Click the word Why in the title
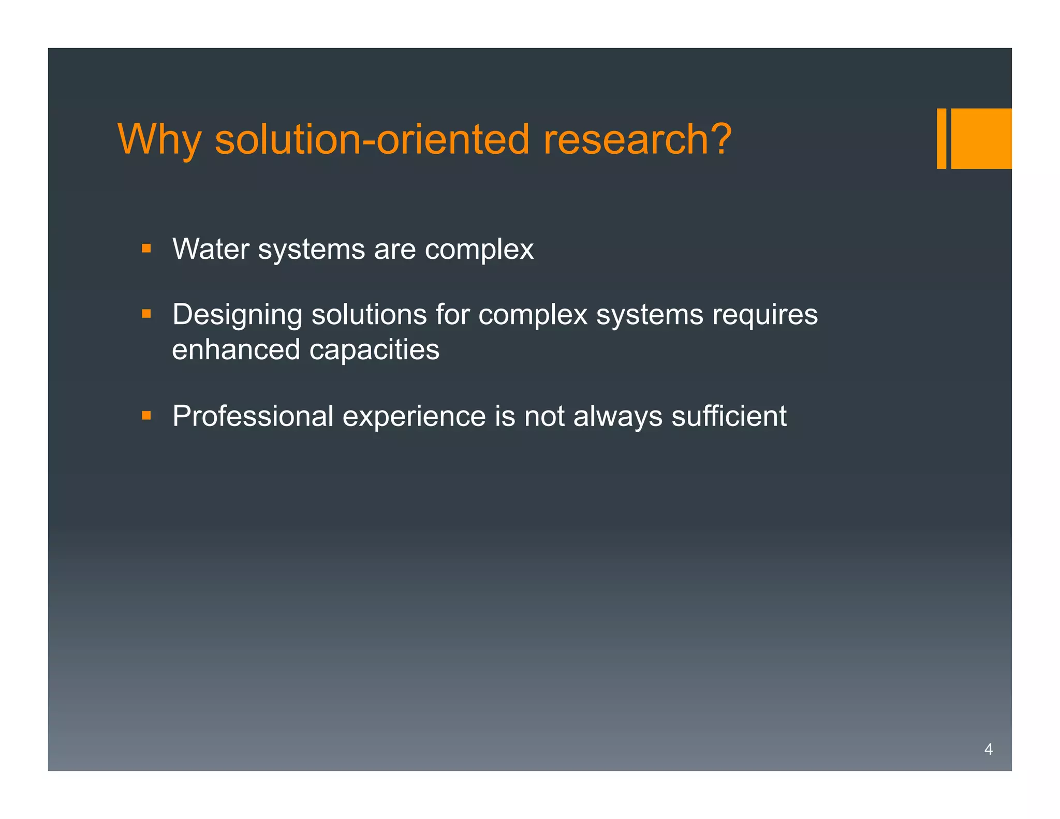159,140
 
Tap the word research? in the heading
637,140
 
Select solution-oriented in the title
372,140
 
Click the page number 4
988,749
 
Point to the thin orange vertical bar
941,138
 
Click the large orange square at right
981,138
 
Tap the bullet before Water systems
146,248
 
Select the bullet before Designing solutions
146,314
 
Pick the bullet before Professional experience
146,415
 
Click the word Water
211,249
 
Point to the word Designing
237,315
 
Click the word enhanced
236,349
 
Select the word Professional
253,416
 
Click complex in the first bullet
479,249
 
